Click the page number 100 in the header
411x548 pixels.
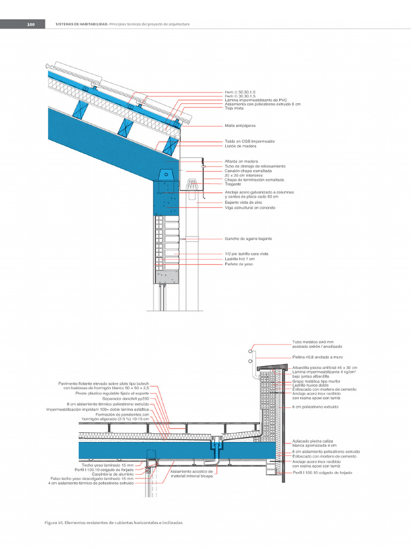[31, 24]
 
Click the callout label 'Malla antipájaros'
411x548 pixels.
[240, 126]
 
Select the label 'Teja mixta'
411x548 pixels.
[234, 108]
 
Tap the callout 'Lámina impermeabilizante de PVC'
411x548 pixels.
[252, 100]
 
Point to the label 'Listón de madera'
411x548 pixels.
[240, 146]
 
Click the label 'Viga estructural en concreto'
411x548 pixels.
[250, 208]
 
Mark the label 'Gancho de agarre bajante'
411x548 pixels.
[248, 238]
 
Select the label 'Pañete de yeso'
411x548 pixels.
[239, 264]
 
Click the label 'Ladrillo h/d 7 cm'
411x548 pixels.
[240, 259]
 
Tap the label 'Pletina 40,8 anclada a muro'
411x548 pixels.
[317, 356]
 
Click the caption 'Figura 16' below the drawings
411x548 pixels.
[54, 522]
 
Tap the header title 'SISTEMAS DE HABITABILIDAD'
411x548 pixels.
[82, 24]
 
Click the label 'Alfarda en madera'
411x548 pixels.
[241, 161]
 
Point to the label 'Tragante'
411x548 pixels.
[233, 184]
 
